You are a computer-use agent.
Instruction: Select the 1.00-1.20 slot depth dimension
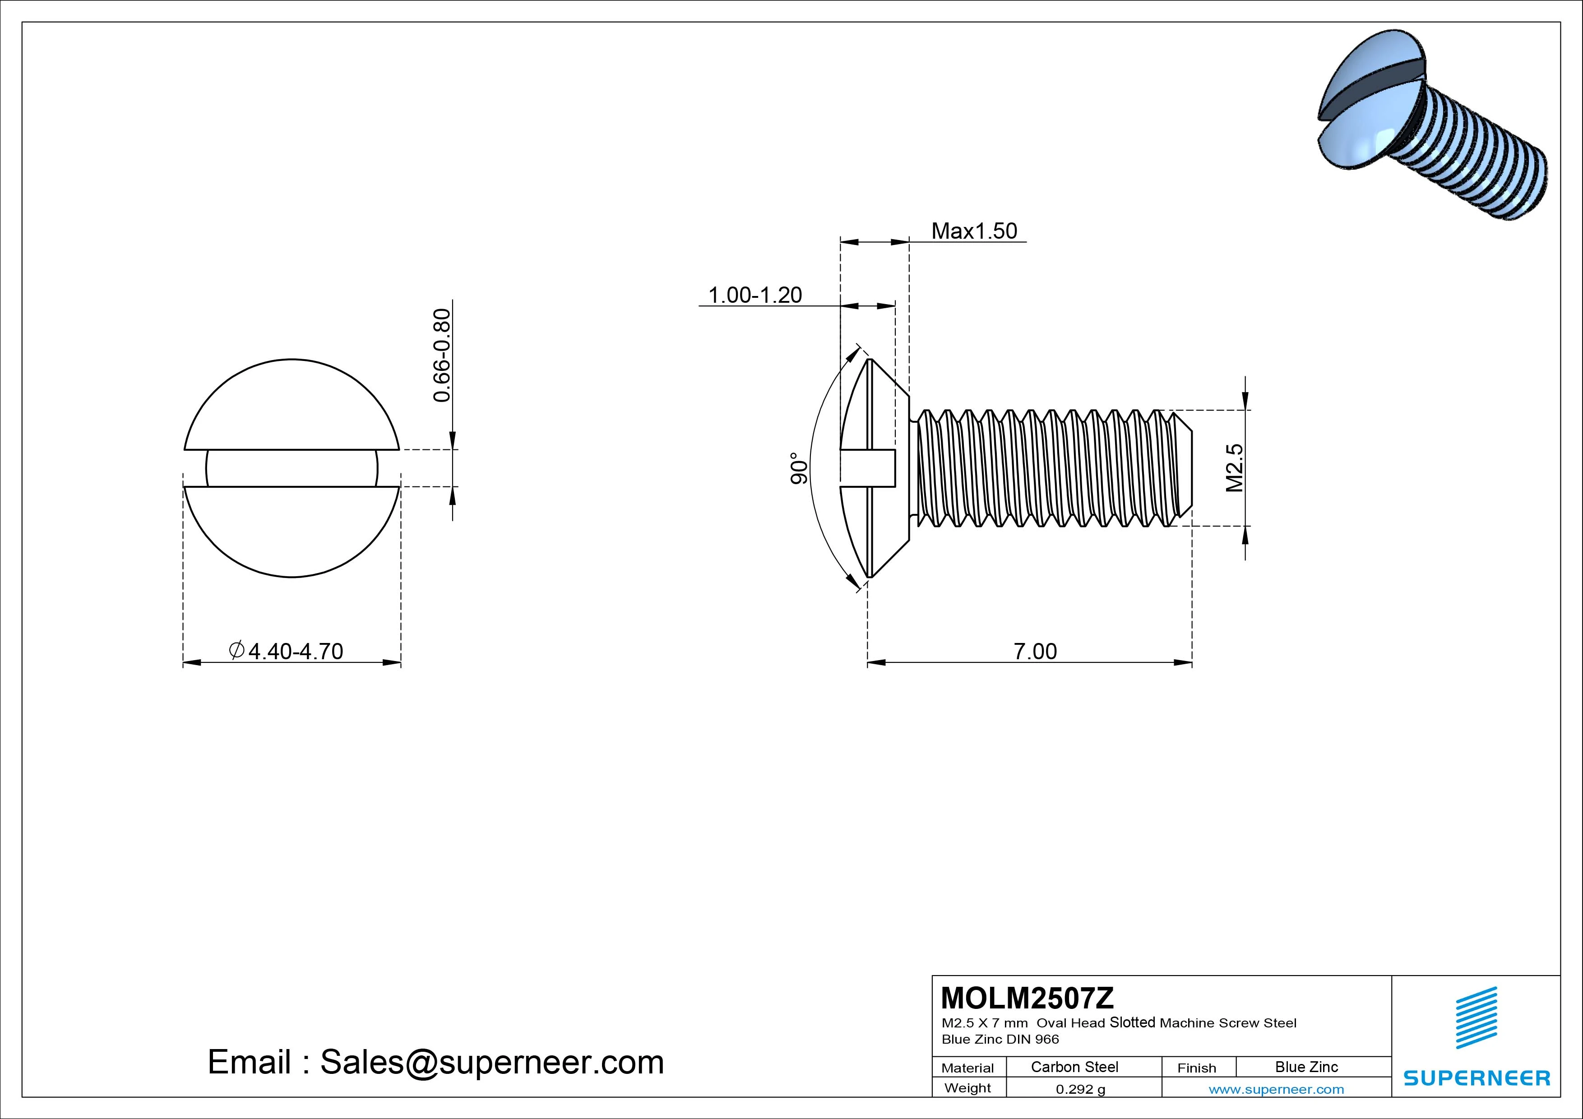pos(755,295)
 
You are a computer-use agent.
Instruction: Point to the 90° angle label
pos(798,468)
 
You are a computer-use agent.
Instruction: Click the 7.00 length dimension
pos(1034,651)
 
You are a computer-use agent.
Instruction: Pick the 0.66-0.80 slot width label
pos(441,355)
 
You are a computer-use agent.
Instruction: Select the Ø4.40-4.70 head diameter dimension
pos(286,651)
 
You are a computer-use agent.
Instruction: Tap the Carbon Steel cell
pos(1074,1067)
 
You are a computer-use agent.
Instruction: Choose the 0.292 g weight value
pos(1080,1089)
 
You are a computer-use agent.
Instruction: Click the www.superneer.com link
pos(1276,1089)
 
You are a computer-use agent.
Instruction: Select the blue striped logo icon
pos(1476,1017)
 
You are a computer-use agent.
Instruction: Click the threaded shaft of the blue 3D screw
pos(1476,166)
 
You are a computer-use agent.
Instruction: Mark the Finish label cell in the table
pos(1196,1067)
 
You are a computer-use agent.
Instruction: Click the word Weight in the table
pos(967,1088)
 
